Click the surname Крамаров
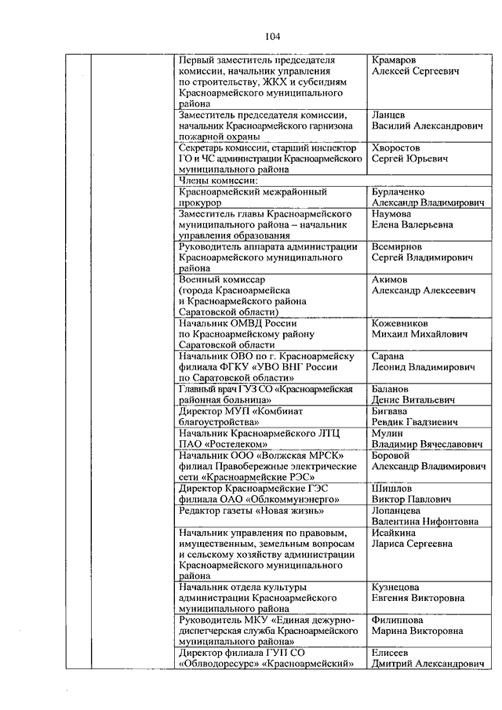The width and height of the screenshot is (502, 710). pyautogui.click(x=397, y=60)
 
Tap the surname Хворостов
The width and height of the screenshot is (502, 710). pyautogui.click(x=398, y=147)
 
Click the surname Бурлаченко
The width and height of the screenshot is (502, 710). pyautogui.click(x=404, y=191)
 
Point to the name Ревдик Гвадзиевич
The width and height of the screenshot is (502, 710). pyautogui.click(x=413, y=422)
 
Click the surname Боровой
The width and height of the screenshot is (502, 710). pyautogui.click(x=391, y=455)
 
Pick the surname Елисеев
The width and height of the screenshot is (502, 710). pyautogui.click(x=392, y=653)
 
